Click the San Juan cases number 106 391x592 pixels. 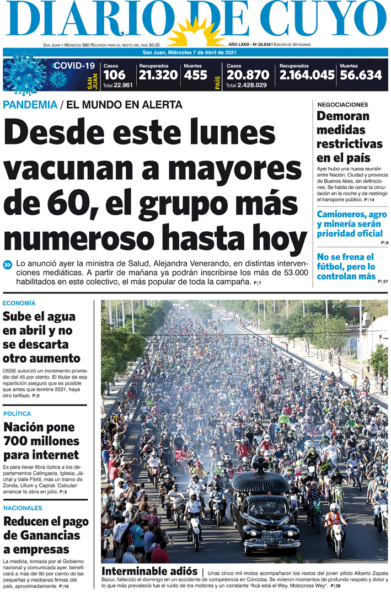coord(114,75)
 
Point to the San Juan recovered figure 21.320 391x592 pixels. coord(158,75)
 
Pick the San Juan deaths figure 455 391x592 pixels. coord(195,75)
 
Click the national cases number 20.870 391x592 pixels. coord(248,75)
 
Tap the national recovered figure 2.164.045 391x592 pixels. coord(307,75)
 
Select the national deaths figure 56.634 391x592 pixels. coord(361,75)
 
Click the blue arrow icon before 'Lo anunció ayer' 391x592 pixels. coord(7,264)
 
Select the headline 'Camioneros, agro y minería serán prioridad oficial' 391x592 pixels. coord(349,224)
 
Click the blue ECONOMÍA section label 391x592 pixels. coord(19,303)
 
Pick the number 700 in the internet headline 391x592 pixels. coord(20,441)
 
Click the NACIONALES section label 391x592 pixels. coord(23,508)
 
